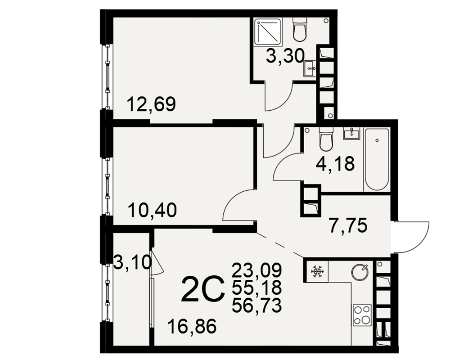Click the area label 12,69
(x=151, y=104)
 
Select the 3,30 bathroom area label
(x=285, y=56)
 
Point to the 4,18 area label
(x=335, y=164)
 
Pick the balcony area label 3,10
(x=132, y=262)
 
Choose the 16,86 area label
(x=192, y=327)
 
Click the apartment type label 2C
(x=202, y=289)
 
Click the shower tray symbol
(x=267, y=31)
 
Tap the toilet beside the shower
(x=300, y=29)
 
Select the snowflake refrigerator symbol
(x=317, y=272)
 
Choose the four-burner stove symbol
(x=362, y=315)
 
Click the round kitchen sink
(x=360, y=272)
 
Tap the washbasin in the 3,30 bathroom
(x=310, y=68)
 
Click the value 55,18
(x=256, y=288)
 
